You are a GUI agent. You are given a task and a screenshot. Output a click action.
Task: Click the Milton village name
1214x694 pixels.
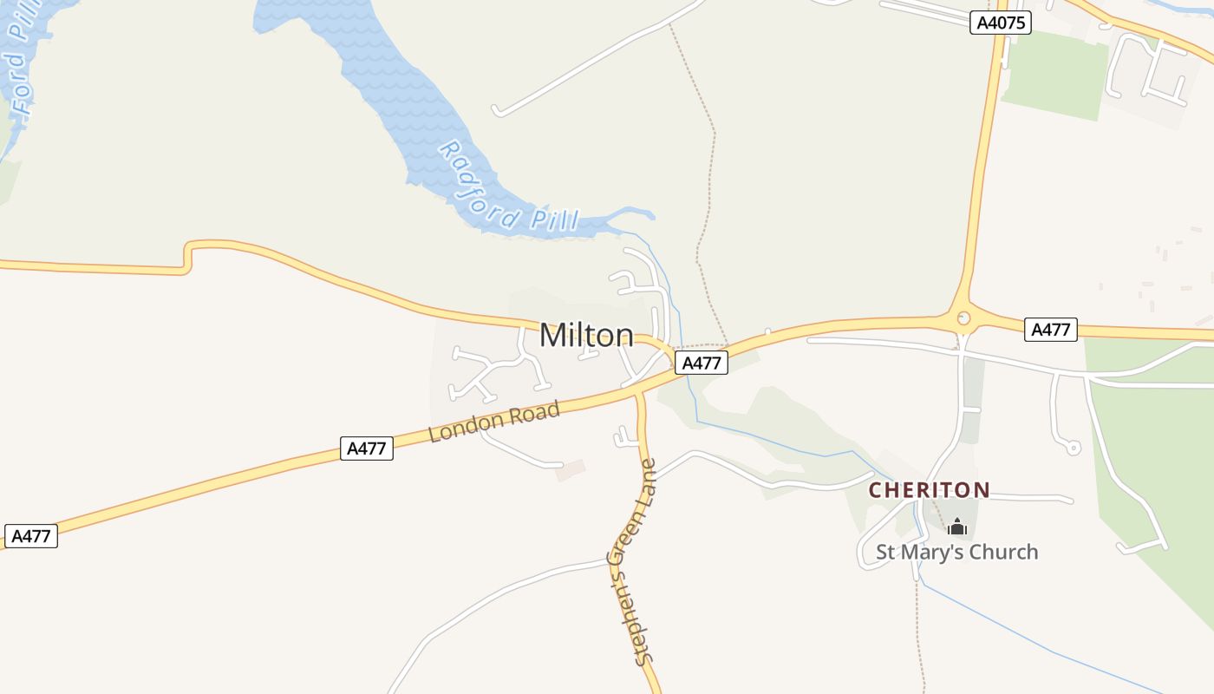(586, 336)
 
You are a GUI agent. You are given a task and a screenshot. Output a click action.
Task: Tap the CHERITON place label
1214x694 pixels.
(929, 490)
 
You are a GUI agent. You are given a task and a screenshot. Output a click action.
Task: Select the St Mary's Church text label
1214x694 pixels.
(956, 552)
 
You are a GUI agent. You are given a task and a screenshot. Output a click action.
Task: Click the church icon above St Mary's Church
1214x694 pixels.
(956, 527)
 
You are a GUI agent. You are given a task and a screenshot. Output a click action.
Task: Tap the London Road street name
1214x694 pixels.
(494, 421)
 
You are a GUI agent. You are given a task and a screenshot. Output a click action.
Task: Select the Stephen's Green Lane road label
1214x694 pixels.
(633, 562)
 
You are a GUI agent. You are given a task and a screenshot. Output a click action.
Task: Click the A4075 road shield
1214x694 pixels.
(1001, 23)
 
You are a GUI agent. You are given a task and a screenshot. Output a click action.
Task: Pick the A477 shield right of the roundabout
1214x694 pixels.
(1050, 330)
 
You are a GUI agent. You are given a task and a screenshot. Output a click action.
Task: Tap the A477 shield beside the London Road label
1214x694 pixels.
(366, 448)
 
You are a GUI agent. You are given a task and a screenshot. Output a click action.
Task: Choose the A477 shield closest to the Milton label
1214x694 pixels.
(701, 363)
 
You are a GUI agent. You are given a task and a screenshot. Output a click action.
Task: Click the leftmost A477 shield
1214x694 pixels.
(30, 536)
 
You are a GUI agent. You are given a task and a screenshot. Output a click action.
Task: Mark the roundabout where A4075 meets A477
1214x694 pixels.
(963, 319)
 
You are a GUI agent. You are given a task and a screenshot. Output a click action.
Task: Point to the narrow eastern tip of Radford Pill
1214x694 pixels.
(646, 213)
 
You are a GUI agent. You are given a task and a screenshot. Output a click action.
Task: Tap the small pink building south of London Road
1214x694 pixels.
(571, 470)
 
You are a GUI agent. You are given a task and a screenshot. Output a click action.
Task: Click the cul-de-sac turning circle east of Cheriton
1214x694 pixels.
(1073, 448)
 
